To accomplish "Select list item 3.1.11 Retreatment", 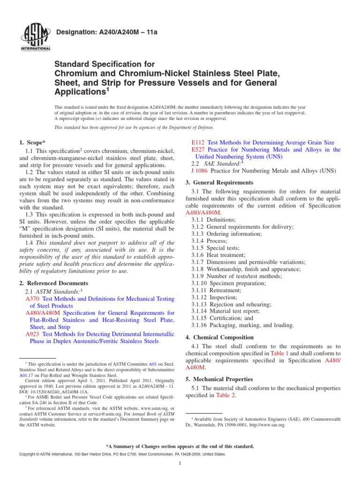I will [x=216, y=290].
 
